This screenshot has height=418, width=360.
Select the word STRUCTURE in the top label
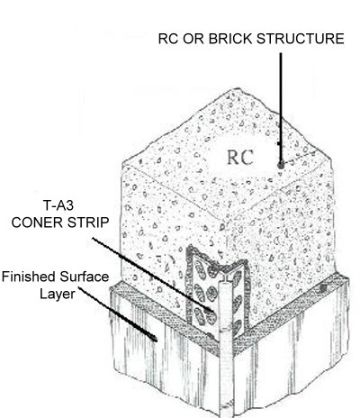tap(301, 39)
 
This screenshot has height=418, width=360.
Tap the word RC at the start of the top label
tap(168, 39)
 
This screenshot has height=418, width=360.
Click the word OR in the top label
tap(193, 39)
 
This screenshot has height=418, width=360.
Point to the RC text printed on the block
tap(240, 158)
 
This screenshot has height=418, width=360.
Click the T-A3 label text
tap(58, 205)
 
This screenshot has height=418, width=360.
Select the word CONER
tap(36, 223)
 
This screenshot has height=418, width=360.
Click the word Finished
tap(29, 277)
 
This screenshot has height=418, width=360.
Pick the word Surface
tap(85, 277)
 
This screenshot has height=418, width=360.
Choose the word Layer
tap(58, 294)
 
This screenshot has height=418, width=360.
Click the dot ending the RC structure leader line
tap(281, 165)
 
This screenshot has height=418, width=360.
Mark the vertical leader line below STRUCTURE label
tap(281, 109)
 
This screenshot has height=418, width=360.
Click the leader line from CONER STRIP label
tap(151, 274)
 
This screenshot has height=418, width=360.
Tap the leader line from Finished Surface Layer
tap(117, 313)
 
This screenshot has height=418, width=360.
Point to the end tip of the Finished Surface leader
tap(157, 341)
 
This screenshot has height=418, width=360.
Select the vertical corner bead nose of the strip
tap(226, 345)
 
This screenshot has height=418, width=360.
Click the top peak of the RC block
tap(238, 88)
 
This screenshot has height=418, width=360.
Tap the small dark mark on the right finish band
tap(323, 288)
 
